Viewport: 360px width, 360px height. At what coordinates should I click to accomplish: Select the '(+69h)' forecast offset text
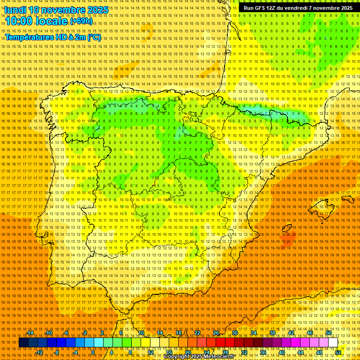pyautogui.click(x=81, y=22)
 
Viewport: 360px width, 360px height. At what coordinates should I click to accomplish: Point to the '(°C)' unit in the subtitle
pyautogui.click(x=93, y=37)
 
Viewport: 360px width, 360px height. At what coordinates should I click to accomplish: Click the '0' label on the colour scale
pyautogui.click(x=93, y=352)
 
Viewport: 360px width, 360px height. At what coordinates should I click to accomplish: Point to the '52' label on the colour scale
pyautogui.click(x=338, y=352)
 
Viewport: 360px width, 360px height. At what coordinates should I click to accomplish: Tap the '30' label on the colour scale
pyautogui.click(x=234, y=333)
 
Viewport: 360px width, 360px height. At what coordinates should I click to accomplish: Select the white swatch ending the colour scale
pyautogui.click(x=333, y=343)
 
